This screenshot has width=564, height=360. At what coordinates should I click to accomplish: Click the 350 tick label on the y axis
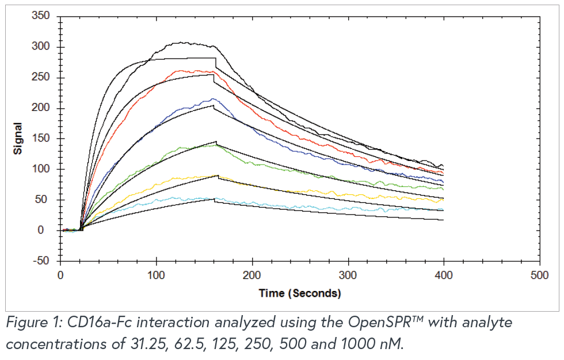41,16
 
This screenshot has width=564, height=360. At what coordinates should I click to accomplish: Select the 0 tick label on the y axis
49,231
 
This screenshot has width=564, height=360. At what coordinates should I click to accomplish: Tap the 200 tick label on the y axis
41,108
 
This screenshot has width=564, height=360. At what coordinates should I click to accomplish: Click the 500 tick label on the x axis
539,275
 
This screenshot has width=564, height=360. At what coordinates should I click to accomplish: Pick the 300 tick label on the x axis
348,275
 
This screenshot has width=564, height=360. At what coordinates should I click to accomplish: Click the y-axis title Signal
18,138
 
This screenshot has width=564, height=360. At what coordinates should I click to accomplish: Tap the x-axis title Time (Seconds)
299,293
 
